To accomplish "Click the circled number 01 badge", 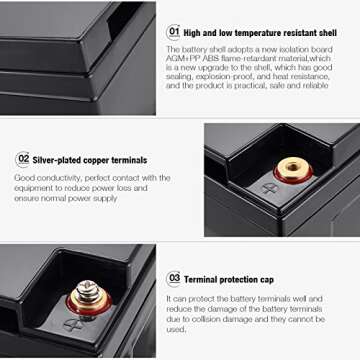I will pyautogui.click(x=173, y=31).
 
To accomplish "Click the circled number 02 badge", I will pyautogui.click(x=22, y=159).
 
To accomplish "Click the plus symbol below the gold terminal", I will pyautogui.click(x=269, y=187).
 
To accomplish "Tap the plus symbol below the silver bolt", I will pyautogui.click(x=72, y=324).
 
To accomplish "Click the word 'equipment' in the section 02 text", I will pyautogui.click(x=36, y=188).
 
